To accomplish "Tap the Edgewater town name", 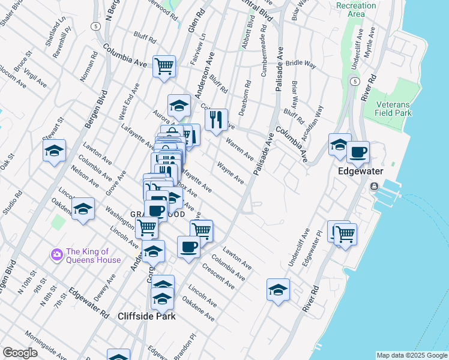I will coord(359,171).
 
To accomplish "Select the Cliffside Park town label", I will coord(146,316).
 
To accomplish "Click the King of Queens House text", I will coord(94,256).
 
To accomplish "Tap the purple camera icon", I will coord(57,255).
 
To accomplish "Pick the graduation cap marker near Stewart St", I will coord(55,151).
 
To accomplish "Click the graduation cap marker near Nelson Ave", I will coord(83,208).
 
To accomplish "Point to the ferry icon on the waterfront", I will coord(374,187).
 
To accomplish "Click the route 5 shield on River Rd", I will coord(355,81).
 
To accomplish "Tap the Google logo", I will coord(20,353).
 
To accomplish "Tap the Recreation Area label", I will coord(356,10).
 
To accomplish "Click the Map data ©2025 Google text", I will coord(411,355).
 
